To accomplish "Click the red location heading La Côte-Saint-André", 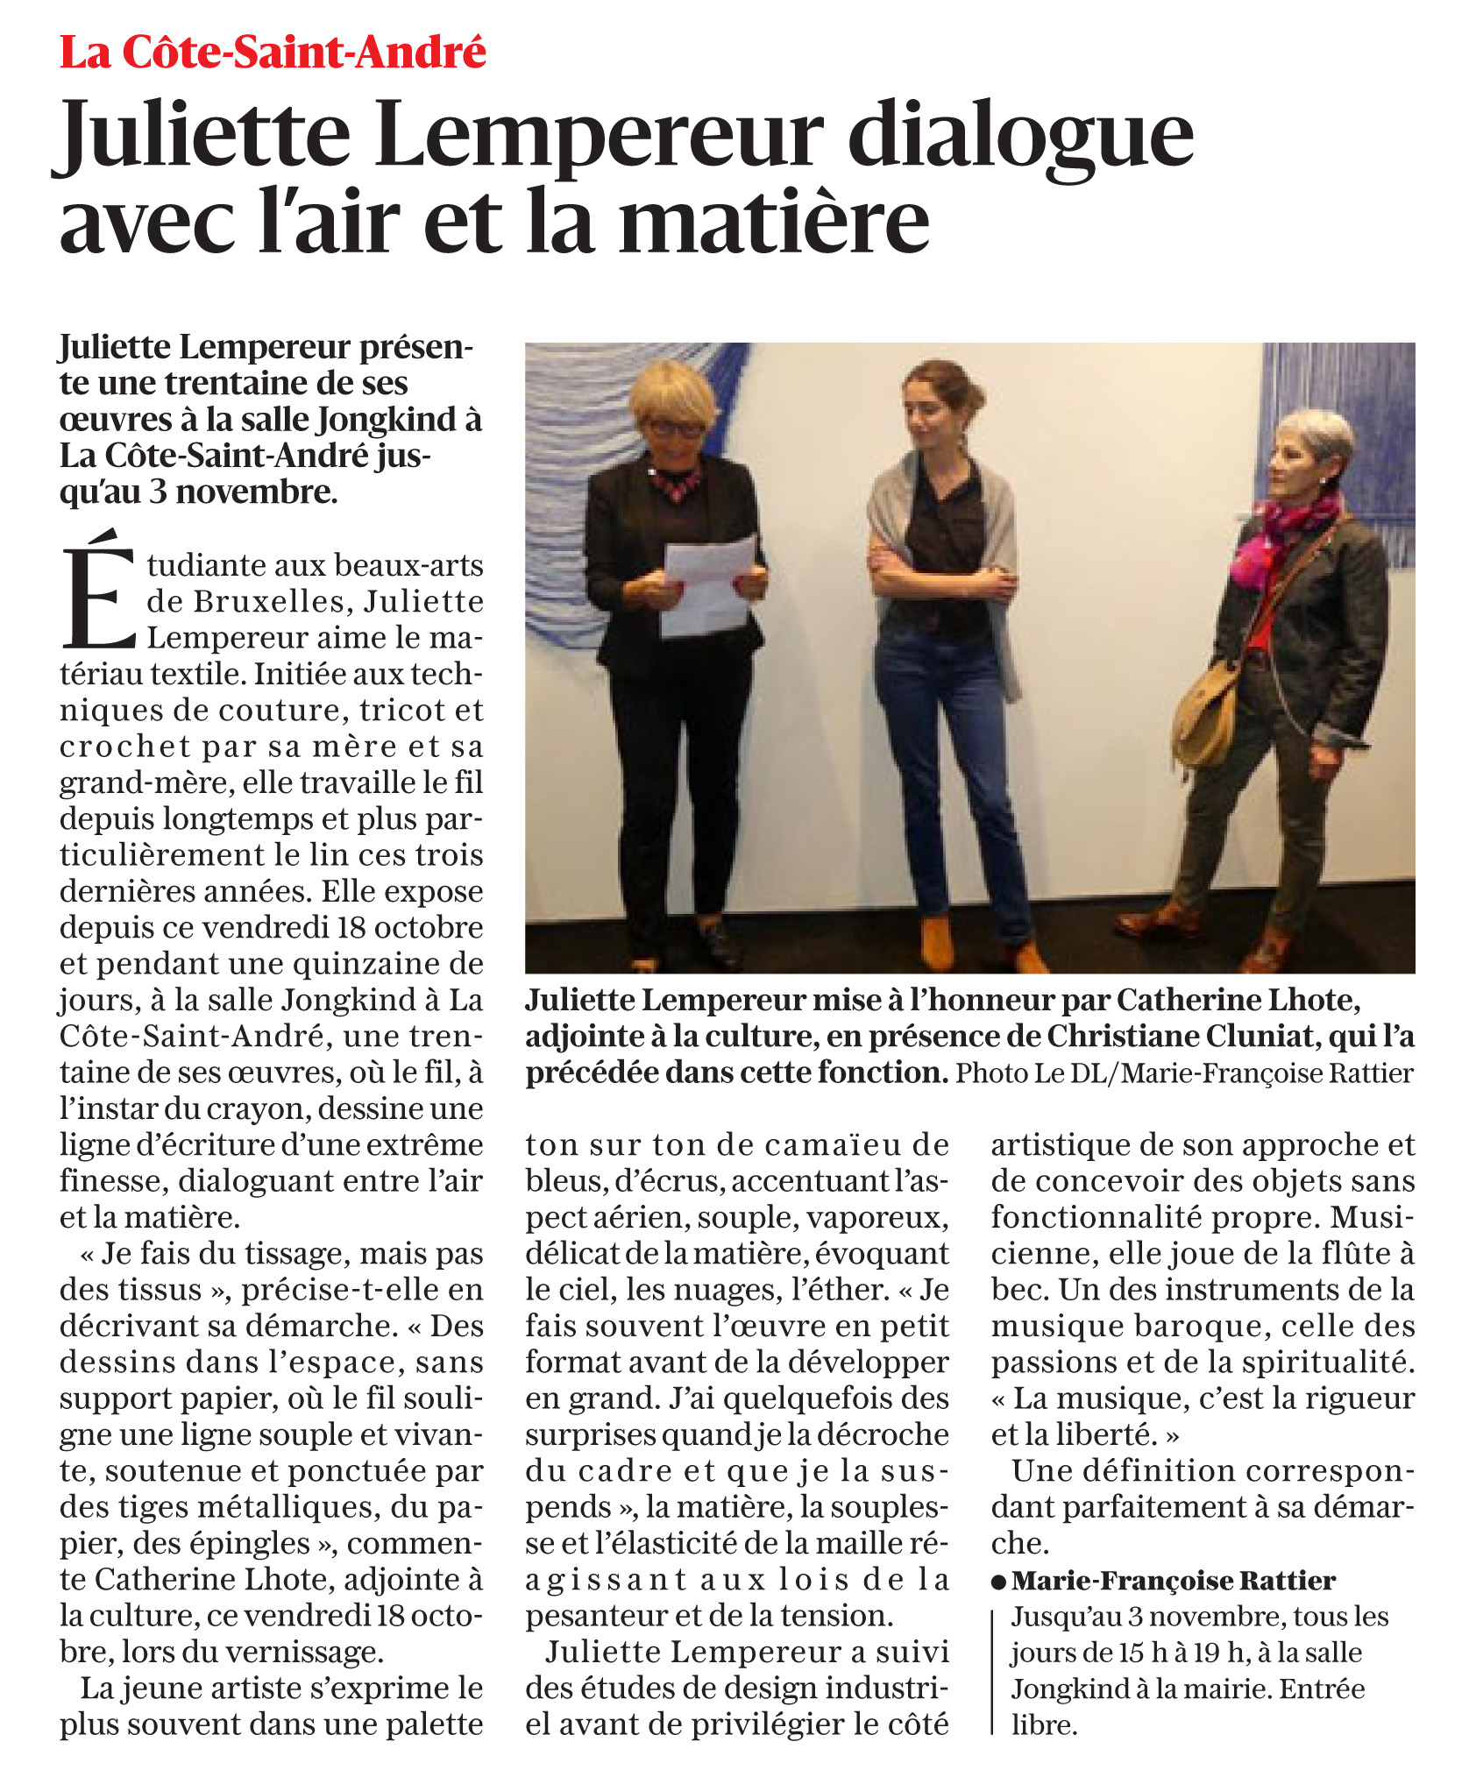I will point(273,53).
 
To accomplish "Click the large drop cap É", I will point(98,589).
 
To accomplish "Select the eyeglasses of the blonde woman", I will point(675,429).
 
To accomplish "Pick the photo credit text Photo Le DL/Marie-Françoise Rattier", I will point(1184,1073).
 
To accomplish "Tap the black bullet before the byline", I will point(998,1582).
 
